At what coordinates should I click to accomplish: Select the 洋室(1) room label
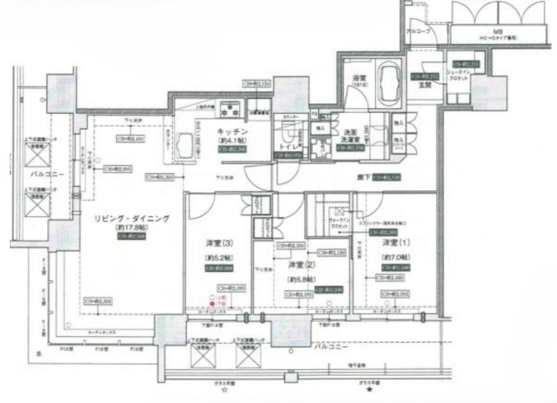[x=394, y=244]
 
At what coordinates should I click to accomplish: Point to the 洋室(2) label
[x=300, y=264]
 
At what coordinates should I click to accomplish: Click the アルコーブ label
[x=421, y=32]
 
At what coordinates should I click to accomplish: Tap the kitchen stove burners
[x=229, y=109]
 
